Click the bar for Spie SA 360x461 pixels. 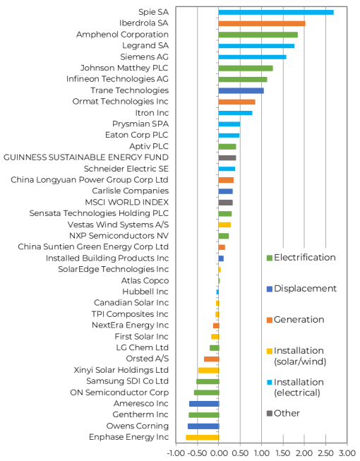pyautogui.click(x=276, y=12)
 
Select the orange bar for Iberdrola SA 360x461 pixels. pyautogui.click(x=262, y=23)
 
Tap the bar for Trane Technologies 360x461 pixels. pyautogui.click(x=241, y=90)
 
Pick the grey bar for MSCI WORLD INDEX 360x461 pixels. pyautogui.click(x=226, y=203)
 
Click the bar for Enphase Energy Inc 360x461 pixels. pyautogui.click(x=203, y=437)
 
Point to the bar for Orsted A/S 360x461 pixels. pyautogui.click(x=212, y=359)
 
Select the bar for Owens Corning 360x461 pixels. pyautogui.click(x=204, y=426)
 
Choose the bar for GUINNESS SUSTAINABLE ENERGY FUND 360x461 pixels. pyautogui.click(x=227, y=157)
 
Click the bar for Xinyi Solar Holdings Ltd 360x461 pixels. pyautogui.click(x=209, y=370)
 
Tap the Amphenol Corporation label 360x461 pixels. pyautogui.click(x=123, y=35)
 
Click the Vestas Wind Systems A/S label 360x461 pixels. pyautogui.click(x=118, y=224)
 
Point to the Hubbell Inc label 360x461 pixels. pyautogui.click(x=145, y=292)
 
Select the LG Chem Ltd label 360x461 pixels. pyautogui.click(x=143, y=347)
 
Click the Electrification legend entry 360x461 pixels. pyautogui.click(x=301, y=258)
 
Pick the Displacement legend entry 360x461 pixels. pyautogui.click(x=301, y=289)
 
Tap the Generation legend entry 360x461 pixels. pyautogui.click(x=295, y=320)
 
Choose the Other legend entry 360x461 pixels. pyautogui.click(x=283, y=414)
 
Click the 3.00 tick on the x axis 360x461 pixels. pyautogui.click(x=347, y=453)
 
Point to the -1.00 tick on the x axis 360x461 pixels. pyautogui.click(x=175, y=453)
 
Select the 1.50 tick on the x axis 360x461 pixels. pyautogui.click(x=283, y=453)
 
